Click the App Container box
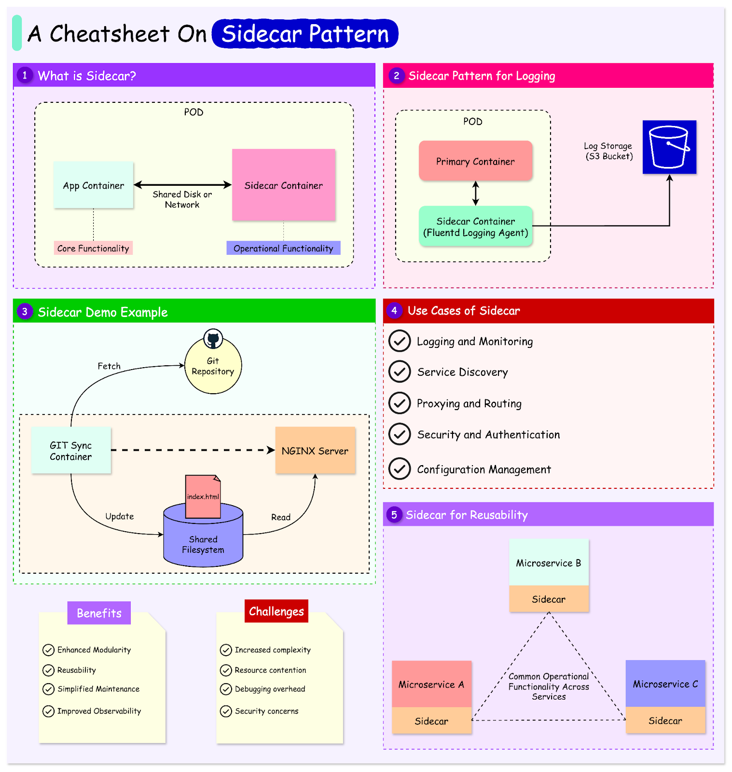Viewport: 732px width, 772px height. point(93,185)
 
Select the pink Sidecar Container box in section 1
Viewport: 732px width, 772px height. point(284,185)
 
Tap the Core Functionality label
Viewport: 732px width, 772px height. point(93,248)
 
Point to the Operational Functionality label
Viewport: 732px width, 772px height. point(283,248)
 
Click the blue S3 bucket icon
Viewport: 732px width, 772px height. point(669,147)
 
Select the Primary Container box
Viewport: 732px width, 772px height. point(475,161)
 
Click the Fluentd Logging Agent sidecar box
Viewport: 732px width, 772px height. point(475,227)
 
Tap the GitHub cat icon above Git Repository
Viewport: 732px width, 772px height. point(213,339)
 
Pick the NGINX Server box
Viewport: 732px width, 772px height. point(315,451)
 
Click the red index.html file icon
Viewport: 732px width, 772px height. point(203,496)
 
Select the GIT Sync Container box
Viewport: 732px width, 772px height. point(71,451)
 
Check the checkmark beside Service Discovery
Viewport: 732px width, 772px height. point(400,372)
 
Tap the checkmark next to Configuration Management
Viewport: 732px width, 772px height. point(400,469)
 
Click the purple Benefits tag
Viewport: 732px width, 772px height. point(99,613)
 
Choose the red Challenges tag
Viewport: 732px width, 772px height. point(276,611)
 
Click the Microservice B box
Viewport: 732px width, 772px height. point(549,563)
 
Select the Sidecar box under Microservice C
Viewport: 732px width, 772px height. point(665,720)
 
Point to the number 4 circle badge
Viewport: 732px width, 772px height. point(394,311)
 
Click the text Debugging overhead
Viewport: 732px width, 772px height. point(270,689)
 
